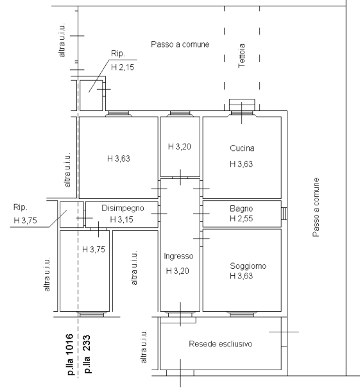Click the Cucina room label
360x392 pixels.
pyautogui.click(x=242, y=148)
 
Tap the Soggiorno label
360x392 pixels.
pyautogui.click(x=248, y=266)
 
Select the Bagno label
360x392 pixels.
pyautogui.click(x=241, y=209)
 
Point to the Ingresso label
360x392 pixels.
pyautogui.click(x=178, y=256)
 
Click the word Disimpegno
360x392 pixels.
pyautogui.click(x=123, y=209)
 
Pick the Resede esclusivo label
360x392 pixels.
pyautogui.click(x=221, y=344)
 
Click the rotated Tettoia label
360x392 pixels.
pyautogui.click(x=242, y=56)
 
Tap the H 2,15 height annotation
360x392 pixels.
pyautogui.click(x=123, y=67)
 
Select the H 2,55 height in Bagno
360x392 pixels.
pyautogui.click(x=241, y=219)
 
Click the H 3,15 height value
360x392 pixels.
pyautogui.click(x=121, y=219)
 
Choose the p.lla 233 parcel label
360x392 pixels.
pyautogui.click(x=87, y=354)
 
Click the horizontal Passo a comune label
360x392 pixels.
pyautogui.click(x=180, y=44)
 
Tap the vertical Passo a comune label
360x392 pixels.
pyautogui.click(x=316, y=207)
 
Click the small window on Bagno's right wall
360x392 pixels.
pyautogui.click(x=284, y=214)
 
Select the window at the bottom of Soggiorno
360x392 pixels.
pyautogui.click(x=241, y=314)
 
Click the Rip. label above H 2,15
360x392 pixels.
pyautogui.click(x=118, y=53)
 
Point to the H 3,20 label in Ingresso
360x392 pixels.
pyautogui.click(x=178, y=271)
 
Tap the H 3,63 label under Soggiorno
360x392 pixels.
pyautogui.click(x=241, y=276)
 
